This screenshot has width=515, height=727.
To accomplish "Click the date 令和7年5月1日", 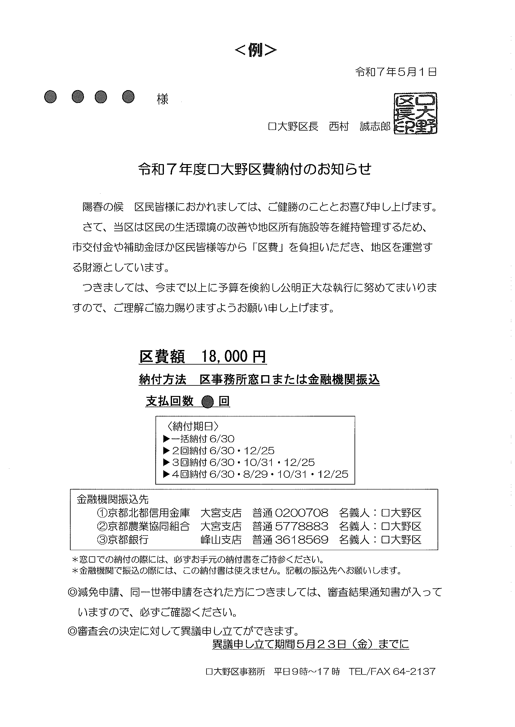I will (396, 72).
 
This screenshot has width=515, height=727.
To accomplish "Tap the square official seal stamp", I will (415, 113).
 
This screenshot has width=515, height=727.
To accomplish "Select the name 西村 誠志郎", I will (360, 127).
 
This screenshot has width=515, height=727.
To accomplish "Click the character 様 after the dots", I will (163, 99).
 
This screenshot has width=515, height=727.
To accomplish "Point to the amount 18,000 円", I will (234, 357).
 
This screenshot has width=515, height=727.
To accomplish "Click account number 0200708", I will (302, 513).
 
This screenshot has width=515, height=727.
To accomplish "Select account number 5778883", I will (302, 526).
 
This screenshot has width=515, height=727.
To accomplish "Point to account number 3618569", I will (302, 539).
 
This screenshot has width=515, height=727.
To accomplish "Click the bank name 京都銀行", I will (128, 539).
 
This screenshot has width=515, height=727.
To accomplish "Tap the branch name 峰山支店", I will (221, 539).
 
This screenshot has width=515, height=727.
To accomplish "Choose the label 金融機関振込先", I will (113, 499).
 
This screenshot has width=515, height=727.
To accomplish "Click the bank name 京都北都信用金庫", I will (148, 513).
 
